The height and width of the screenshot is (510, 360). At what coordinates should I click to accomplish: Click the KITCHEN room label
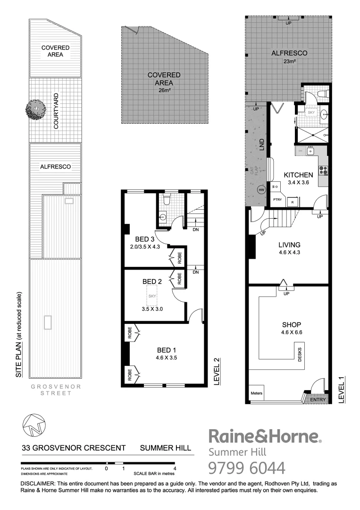[x=298, y=175]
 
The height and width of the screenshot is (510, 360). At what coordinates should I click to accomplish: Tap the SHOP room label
[x=292, y=325]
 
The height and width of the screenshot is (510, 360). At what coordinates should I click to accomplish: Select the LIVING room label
[x=289, y=245]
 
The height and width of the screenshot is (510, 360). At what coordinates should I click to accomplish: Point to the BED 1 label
[x=167, y=350]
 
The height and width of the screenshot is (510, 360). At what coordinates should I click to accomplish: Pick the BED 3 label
[x=145, y=238]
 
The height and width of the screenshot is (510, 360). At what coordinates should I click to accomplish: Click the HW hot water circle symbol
[x=261, y=190]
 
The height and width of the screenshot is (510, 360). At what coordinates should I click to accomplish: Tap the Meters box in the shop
[x=257, y=393]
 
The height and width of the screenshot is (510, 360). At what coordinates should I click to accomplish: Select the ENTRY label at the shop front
[x=317, y=400]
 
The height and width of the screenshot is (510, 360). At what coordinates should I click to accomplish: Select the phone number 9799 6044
[x=247, y=468]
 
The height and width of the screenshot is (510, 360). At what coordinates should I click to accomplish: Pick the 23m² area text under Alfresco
[x=289, y=61]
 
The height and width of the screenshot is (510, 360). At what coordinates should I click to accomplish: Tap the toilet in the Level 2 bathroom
[x=166, y=201]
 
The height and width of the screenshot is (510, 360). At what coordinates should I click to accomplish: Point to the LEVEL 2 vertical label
[x=217, y=373]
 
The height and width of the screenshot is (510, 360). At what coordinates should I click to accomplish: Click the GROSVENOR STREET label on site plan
[x=56, y=390]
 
